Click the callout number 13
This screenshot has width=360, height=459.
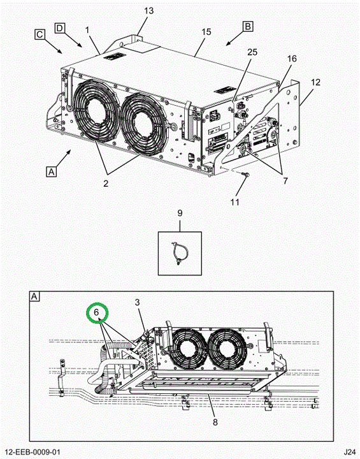(x=148, y=11)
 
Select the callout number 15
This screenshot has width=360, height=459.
(x=206, y=32)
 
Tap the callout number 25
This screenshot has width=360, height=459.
(x=252, y=52)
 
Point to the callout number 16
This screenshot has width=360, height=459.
(x=292, y=59)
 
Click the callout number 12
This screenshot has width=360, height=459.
(x=316, y=82)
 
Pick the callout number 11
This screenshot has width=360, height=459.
(x=234, y=202)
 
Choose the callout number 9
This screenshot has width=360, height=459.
(x=180, y=213)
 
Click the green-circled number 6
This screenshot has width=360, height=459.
(x=97, y=312)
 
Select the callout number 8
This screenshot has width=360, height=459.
(x=215, y=423)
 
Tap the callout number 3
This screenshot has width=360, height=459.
(x=138, y=302)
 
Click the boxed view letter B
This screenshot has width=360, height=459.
(x=248, y=27)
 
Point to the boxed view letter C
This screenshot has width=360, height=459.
(x=40, y=34)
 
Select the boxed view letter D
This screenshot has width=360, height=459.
(x=60, y=28)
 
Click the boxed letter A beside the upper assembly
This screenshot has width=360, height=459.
(x=51, y=171)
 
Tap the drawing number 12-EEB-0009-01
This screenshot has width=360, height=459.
(x=31, y=452)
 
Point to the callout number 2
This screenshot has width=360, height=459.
(x=106, y=184)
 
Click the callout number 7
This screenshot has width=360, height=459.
(x=285, y=181)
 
